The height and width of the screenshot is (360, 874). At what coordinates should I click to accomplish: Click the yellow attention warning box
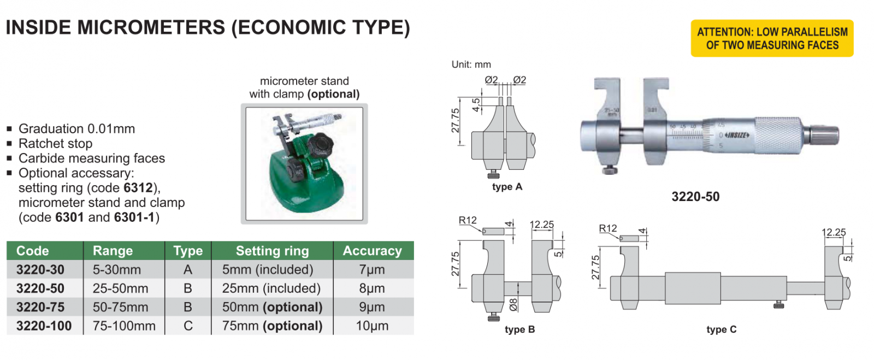pos(772,38)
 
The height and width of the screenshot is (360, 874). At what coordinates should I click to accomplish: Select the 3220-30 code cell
pos(40,269)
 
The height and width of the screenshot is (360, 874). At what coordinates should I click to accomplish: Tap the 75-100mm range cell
pos(124,326)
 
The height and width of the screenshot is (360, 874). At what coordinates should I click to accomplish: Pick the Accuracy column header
pos(372,251)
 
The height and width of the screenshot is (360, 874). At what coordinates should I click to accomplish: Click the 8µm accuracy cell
pos(372,288)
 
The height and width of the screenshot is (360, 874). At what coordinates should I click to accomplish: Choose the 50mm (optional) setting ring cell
pos(272,307)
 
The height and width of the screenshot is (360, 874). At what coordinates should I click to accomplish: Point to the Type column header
pos(188,251)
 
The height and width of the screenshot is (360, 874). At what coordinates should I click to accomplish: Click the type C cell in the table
pos(188,326)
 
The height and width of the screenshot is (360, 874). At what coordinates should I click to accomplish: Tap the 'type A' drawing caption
pos(507,187)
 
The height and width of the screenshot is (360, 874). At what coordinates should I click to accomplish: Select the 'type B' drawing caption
pos(519,329)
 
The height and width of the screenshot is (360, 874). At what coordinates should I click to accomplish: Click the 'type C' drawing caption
pos(721,329)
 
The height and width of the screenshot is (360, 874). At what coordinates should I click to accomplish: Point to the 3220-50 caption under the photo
pos(695,197)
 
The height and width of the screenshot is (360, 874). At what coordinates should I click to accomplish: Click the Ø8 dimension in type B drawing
pos(513,304)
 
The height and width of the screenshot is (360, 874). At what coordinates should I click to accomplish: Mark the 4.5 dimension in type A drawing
pos(476,104)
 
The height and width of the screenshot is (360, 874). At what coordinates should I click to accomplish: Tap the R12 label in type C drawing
pos(607,228)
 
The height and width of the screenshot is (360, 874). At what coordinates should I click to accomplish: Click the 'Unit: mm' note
pos(471,64)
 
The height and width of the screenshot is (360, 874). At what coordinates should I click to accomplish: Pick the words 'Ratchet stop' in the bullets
pos(55,144)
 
